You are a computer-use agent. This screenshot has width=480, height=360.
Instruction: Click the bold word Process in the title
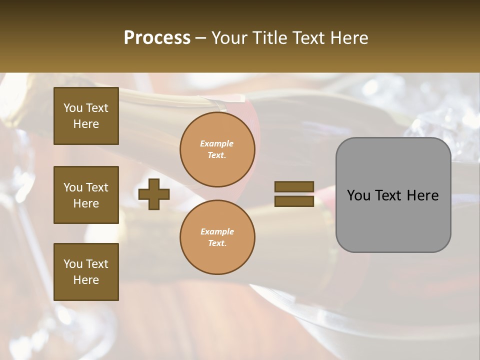tap(157, 37)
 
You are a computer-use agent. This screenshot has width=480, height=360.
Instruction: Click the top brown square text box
tap(86, 116)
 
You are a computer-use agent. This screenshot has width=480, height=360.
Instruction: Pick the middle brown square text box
tap(86, 195)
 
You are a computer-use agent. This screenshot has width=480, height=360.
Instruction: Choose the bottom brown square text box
tap(86, 272)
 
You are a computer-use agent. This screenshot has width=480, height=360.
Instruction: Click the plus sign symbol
tap(154, 194)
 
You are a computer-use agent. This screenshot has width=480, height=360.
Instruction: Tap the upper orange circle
tap(217, 149)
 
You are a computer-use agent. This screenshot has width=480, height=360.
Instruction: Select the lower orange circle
tap(217, 237)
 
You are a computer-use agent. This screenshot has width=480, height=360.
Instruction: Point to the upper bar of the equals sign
tap(294, 187)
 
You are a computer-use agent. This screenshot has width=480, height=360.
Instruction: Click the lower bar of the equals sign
tap(294, 201)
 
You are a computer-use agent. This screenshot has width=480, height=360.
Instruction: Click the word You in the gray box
tap(358, 195)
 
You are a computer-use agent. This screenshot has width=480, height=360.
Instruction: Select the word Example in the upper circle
tap(217, 143)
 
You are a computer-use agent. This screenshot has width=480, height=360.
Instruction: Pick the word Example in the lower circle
tap(217, 231)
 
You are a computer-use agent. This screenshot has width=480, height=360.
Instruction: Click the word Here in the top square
tap(86, 124)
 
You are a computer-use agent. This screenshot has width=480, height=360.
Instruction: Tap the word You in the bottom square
tap(73, 264)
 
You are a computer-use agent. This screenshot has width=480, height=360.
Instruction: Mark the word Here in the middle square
tap(86, 203)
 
